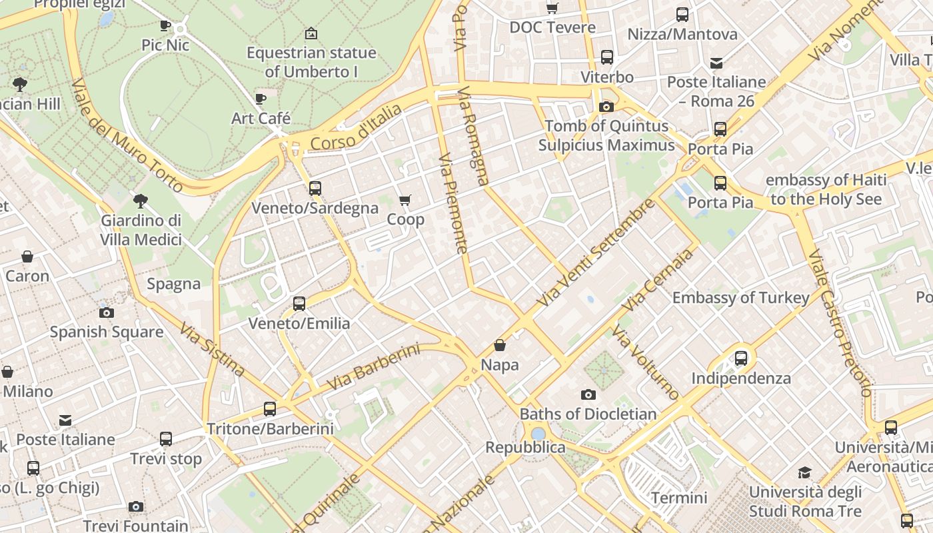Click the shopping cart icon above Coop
pyautogui.click(x=405, y=200)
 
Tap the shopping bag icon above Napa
pyautogui.click(x=500, y=345)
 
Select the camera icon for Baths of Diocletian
pyautogui.click(x=588, y=394)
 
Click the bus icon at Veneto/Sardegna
pyautogui.click(x=315, y=189)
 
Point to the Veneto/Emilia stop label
pyautogui.click(x=299, y=324)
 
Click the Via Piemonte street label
pyautogui.click(x=453, y=204)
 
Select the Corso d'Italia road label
pyautogui.click(x=357, y=127)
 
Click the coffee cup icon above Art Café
pyautogui.click(x=261, y=99)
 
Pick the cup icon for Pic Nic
pyautogui.click(x=165, y=26)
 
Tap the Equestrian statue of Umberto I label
pyautogui.click(x=311, y=62)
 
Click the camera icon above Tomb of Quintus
pyautogui.click(x=606, y=107)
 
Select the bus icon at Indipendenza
pyautogui.click(x=740, y=358)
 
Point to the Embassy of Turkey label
pyautogui.click(x=740, y=298)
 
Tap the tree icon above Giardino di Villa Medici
pyautogui.click(x=141, y=200)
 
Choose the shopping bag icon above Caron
pyautogui.click(x=27, y=257)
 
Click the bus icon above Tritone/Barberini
pyautogui.click(x=270, y=408)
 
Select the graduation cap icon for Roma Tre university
pyautogui.click(x=804, y=473)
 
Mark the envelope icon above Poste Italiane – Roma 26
pyautogui.click(x=716, y=63)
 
